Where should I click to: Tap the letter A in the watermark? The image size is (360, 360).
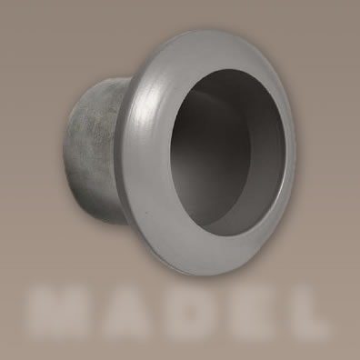tap(128, 312)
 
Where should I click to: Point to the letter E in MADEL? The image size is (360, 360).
tap(245, 312)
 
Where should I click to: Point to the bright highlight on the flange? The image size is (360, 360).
tap(148, 111)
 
